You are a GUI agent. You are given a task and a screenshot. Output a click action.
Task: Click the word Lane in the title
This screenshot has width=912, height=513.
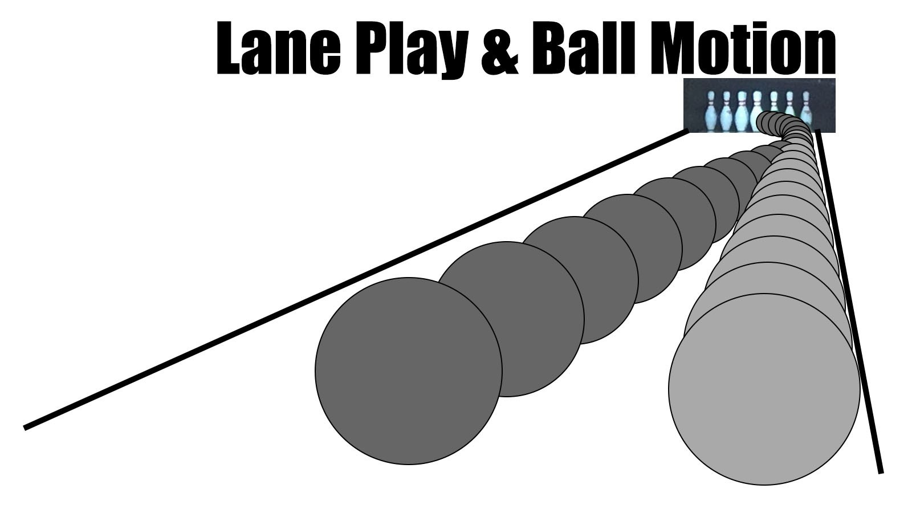[x=279, y=48]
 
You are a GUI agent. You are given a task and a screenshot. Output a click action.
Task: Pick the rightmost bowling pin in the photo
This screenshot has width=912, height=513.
[x=806, y=108]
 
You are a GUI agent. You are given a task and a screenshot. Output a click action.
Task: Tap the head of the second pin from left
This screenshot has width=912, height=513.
[x=726, y=96]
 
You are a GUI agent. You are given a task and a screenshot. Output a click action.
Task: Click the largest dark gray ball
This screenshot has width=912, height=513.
[x=408, y=371]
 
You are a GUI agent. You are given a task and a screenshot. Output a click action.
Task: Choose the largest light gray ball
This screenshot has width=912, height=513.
[x=764, y=389]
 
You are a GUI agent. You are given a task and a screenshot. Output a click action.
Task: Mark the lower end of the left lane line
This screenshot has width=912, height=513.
[x=26, y=427]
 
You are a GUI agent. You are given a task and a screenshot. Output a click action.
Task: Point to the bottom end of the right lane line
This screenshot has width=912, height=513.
[x=881, y=471]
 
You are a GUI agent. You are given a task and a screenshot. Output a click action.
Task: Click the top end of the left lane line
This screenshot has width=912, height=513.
[x=686, y=132]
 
